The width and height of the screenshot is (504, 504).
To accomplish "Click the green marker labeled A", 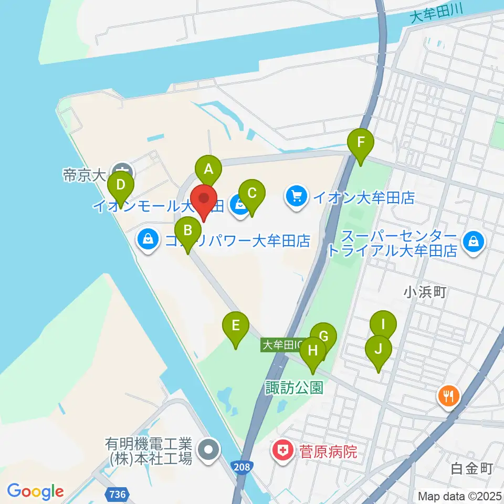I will [208, 169].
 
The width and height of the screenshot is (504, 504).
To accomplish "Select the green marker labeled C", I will [251, 193].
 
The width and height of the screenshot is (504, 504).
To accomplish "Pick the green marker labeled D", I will [121, 185].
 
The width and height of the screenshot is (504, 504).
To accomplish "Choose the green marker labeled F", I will [361, 142].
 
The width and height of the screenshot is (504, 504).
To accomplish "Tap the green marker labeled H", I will [313, 350].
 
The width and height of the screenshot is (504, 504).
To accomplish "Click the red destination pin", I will [204, 200].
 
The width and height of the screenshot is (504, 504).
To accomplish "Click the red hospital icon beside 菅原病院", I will [282, 450].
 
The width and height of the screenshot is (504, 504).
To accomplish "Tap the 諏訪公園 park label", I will [293, 387].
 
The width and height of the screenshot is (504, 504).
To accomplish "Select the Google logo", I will [36, 491].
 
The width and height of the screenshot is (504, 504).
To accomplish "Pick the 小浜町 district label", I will [425, 292].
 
